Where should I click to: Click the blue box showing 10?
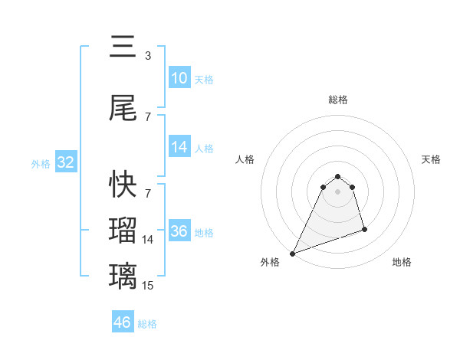coord(179,78)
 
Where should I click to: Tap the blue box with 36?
coord(179,232)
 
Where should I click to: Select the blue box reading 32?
coord(65,163)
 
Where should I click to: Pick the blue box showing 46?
coord(123,322)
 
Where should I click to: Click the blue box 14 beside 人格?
coord(179,147)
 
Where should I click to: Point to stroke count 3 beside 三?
coord(148,56)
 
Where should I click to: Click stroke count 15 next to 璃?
coord(148,286)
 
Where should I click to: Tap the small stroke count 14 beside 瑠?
coord(148,240)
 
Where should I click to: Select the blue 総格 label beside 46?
coord(147,324)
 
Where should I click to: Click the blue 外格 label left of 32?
coord(41,164)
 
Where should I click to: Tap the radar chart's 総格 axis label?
coord(338,100)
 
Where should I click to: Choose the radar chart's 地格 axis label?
coord(402,262)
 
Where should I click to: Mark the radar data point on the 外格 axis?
coord(292,254)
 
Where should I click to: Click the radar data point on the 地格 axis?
coord(364,229)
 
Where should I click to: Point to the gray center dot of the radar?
coord(338,191)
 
